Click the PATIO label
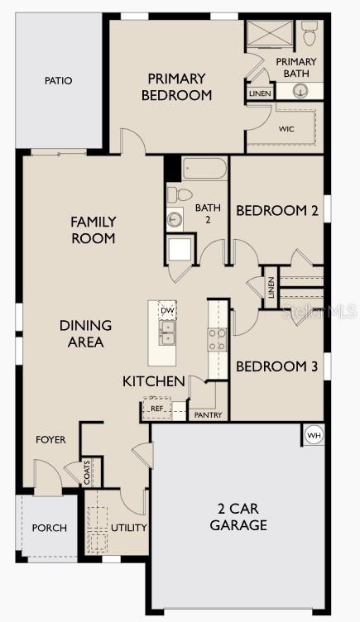pos(57,81)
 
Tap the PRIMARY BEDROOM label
pos(176,87)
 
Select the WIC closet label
pos(286,128)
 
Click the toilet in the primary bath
pos(310,35)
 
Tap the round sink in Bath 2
pos(175,220)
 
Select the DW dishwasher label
pos(167,310)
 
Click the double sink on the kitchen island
pos(167,333)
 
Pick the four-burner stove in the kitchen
pos(216,339)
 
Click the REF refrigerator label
pos(157,408)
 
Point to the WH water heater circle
pos(314,436)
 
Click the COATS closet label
pos(88,473)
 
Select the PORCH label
pos(50,528)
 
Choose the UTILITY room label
pos(129,527)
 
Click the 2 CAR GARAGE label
pos(238,517)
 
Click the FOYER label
pos(50,440)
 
